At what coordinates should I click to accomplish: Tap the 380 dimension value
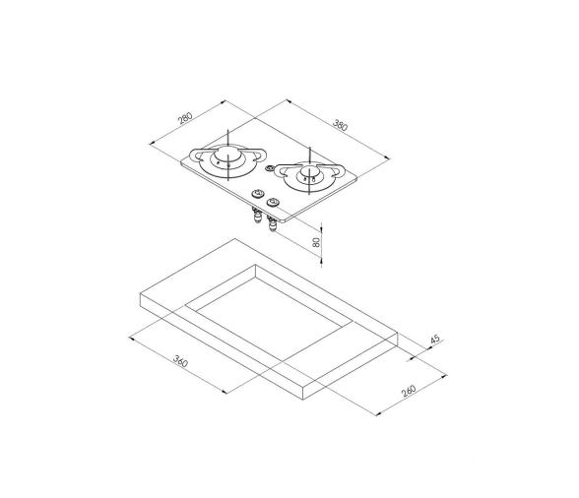pos(341,126)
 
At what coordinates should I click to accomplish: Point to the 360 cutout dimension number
pos(179,361)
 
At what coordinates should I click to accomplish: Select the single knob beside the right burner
pos(271,170)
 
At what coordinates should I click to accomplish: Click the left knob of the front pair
pos(258,194)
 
